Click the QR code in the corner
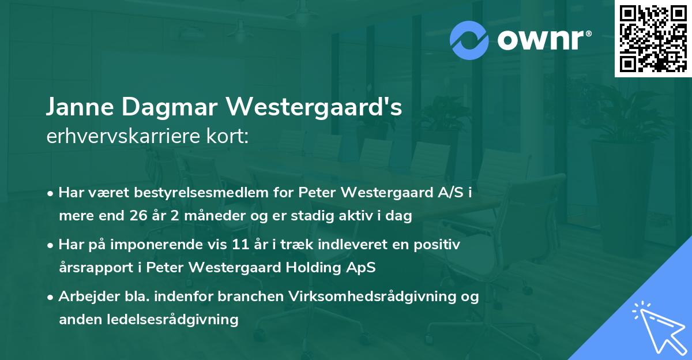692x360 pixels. (653, 39)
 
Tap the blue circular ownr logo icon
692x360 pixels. (469, 40)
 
